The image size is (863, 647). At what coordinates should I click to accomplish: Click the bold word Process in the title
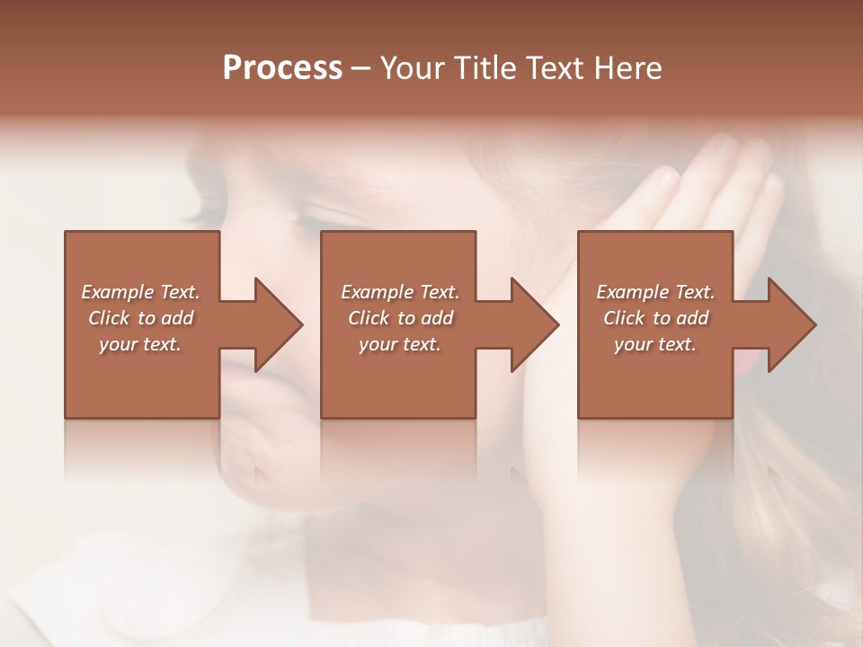[x=282, y=68]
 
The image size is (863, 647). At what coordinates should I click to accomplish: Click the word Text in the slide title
[x=555, y=68]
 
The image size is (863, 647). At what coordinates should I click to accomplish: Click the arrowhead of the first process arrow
[x=280, y=324]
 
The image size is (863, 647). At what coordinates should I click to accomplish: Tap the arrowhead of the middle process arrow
[x=536, y=324]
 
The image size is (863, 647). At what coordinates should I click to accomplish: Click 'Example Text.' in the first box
[x=140, y=292]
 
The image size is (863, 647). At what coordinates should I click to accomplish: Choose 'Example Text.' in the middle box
[x=400, y=292]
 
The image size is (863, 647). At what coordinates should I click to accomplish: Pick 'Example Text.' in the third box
[x=655, y=292]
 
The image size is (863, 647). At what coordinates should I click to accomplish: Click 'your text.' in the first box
[x=140, y=344]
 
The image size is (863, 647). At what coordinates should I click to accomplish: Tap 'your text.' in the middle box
[x=400, y=344]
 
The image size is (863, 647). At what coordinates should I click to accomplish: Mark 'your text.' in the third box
[x=655, y=344]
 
